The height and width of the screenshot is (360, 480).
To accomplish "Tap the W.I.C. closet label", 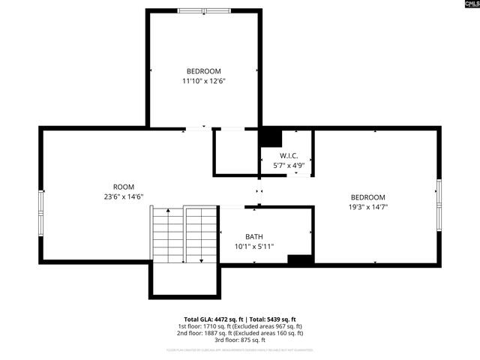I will click(x=289, y=155).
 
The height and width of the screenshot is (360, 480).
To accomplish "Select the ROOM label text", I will click(x=124, y=187).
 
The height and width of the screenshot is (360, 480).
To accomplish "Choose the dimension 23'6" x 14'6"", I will click(x=124, y=196).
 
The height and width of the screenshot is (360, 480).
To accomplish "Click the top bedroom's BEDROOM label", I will click(x=204, y=71).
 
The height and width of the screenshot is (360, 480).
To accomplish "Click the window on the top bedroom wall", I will click(x=204, y=10).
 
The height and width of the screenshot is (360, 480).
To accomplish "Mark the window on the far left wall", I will click(x=41, y=204).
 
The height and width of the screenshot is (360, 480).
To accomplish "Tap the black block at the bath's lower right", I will click(x=300, y=260).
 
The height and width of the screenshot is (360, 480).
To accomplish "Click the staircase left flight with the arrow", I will click(x=168, y=235).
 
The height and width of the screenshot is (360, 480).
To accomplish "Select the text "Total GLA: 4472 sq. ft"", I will click(x=214, y=319).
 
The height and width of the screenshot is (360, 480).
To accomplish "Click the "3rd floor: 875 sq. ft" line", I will click(x=240, y=340).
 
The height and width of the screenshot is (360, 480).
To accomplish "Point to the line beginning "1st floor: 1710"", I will click(x=240, y=326).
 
